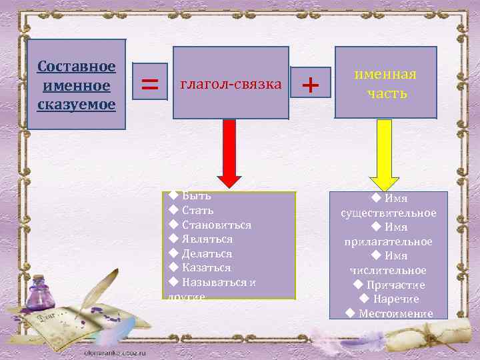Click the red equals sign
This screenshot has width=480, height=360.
click(x=151, y=85)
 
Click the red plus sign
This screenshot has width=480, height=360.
click(x=311, y=85)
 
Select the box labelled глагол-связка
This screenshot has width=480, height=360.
click(x=231, y=83)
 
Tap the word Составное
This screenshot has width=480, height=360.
click(x=77, y=67)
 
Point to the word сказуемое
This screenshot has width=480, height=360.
click(x=77, y=105)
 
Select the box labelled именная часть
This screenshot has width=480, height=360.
click(x=385, y=83)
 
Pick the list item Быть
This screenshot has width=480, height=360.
click(x=196, y=196)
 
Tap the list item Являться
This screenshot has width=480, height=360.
click(x=207, y=239)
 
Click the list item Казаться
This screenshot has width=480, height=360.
click(x=206, y=267)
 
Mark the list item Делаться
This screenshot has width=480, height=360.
click(x=207, y=253)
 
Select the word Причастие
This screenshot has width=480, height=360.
click(x=395, y=285)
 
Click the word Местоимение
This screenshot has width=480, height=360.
click(x=395, y=313)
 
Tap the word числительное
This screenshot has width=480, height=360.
click(x=388, y=270)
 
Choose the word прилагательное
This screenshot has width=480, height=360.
click(x=388, y=241)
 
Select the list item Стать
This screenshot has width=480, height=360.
click(x=197, y=211)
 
